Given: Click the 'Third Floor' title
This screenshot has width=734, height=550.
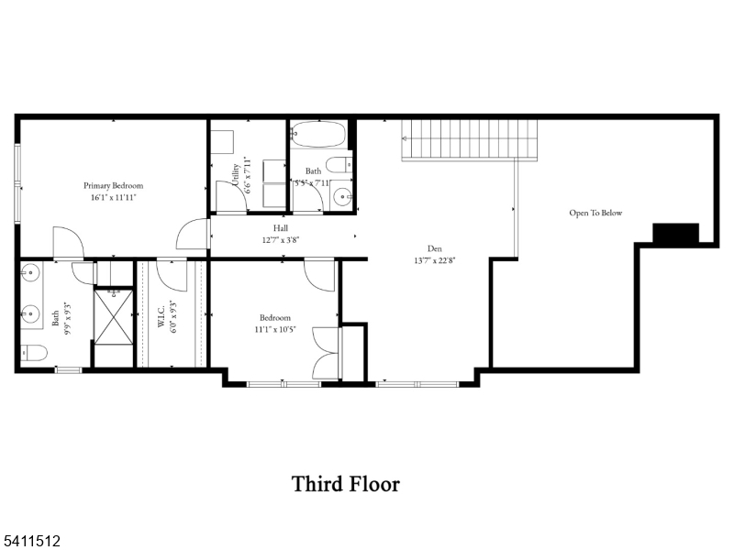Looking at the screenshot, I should click(x=346, y=483).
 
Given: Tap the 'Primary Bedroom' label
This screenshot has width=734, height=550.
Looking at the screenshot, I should click(x=114, y=185).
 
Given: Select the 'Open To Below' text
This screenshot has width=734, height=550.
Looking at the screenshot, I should click(x=595, y=213).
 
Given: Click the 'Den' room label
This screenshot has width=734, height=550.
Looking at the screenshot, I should click(x=435, y=247).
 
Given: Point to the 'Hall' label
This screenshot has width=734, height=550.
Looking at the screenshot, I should click(x=281, y=227).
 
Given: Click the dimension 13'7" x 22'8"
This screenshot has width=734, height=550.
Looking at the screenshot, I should click(x=435, y=259).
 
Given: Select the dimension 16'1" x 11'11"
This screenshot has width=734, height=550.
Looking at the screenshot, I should click(x=114, y=197).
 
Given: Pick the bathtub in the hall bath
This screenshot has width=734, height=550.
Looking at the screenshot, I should click(x=318, y=135).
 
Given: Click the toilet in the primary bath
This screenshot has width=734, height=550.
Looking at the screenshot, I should click(x=34, y=352).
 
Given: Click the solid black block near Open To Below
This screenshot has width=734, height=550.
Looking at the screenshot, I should click(x=675, y=233).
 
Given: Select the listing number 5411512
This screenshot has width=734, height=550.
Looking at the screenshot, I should click(x=31, y=542).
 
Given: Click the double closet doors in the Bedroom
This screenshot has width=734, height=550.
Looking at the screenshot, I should click(x=328, y=352).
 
